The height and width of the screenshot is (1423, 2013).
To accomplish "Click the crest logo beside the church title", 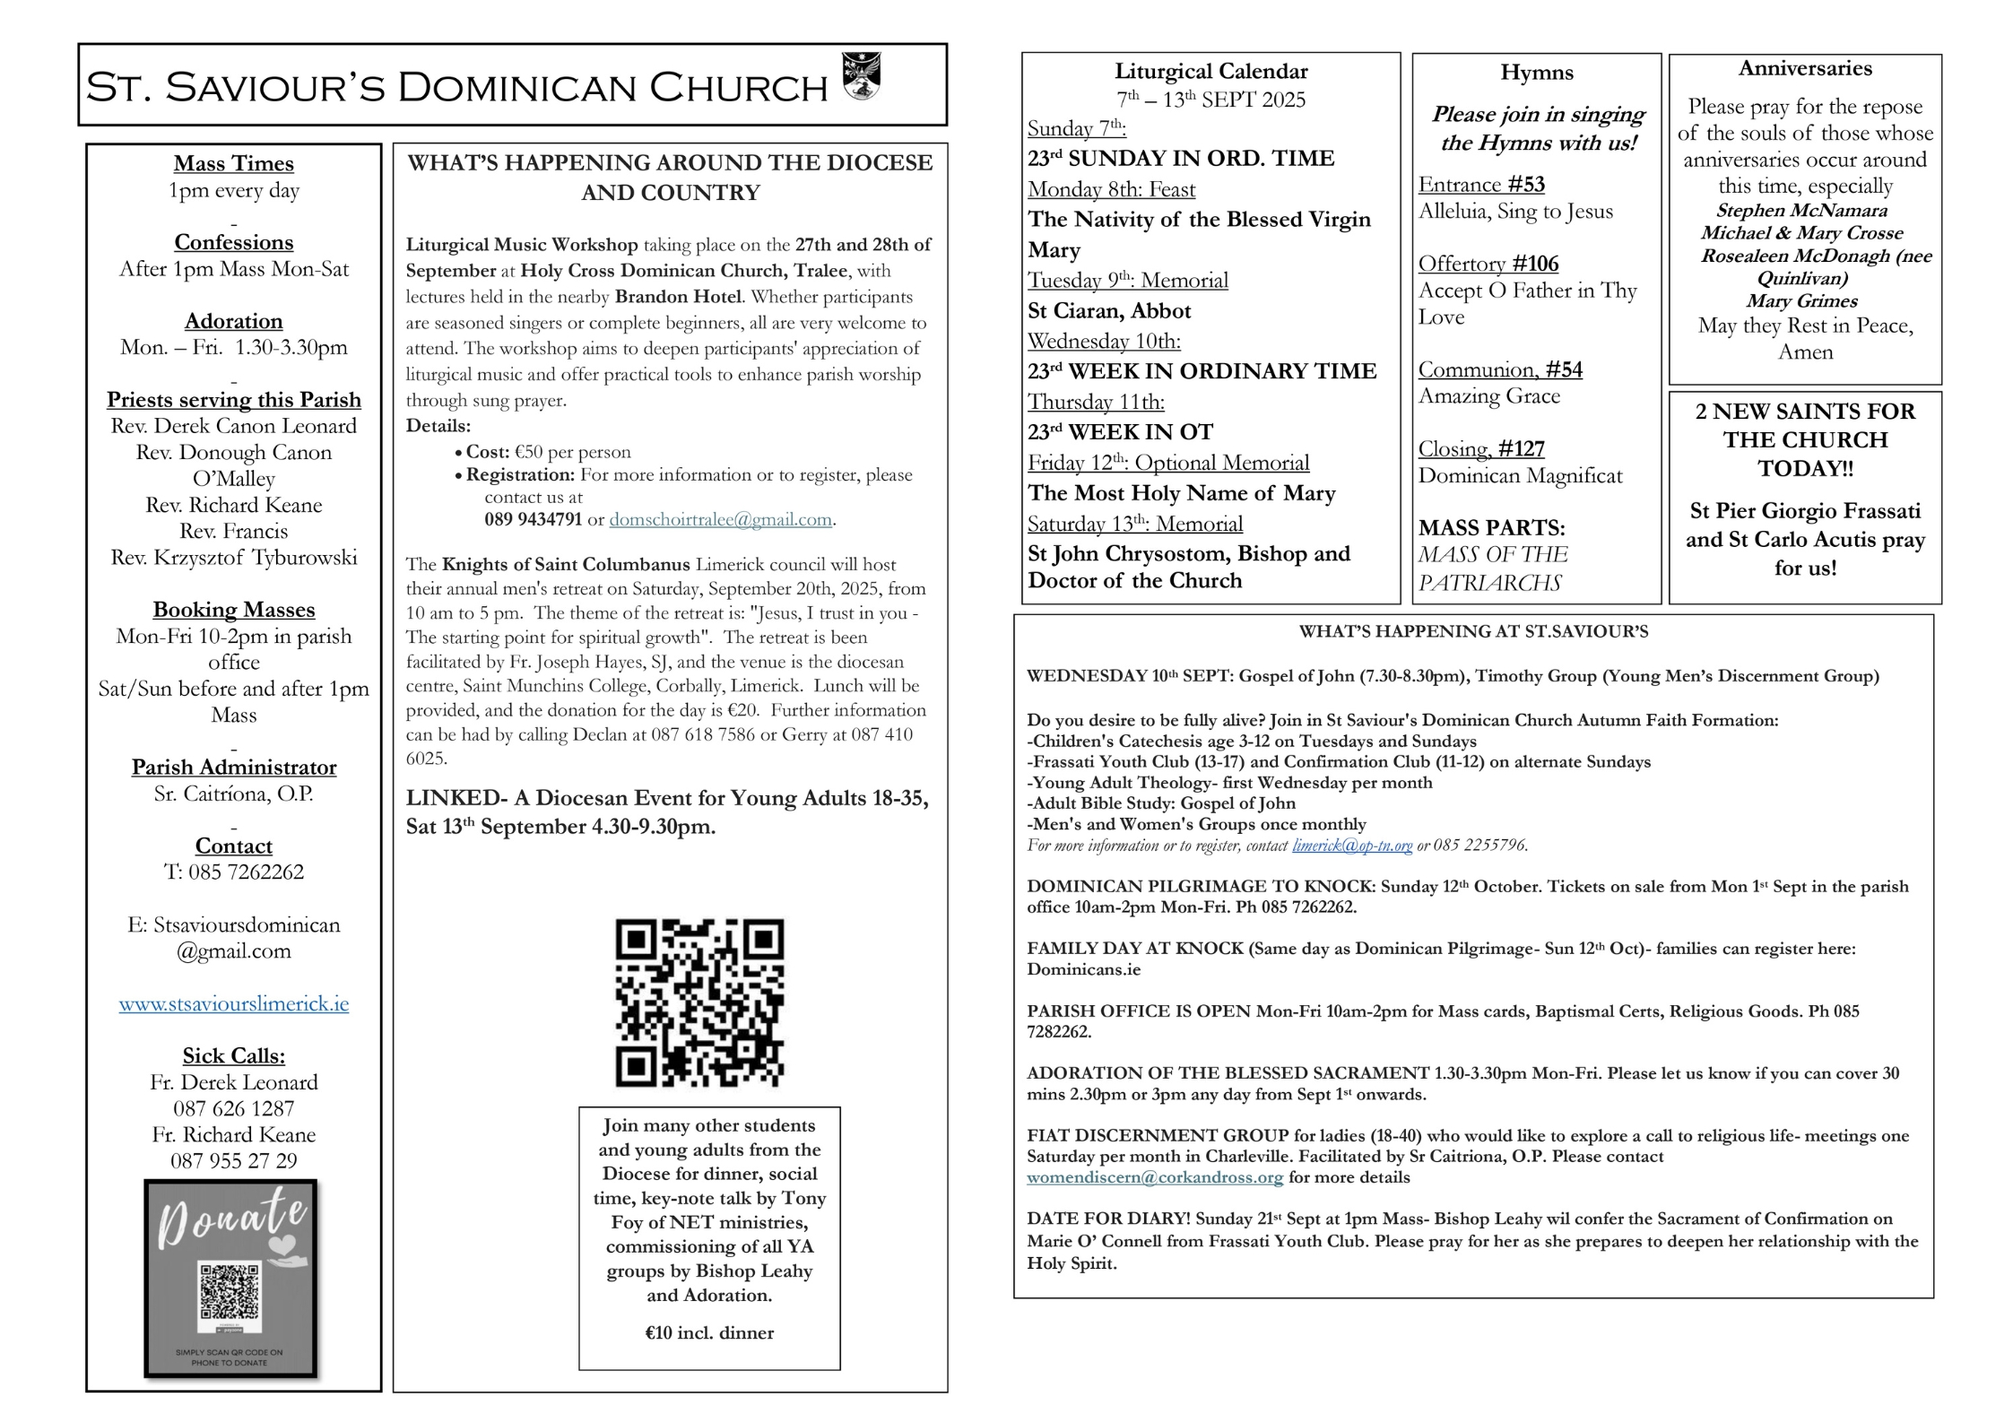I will [x=861, y=76].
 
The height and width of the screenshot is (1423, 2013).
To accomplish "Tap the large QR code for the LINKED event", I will [x=699, y=1002].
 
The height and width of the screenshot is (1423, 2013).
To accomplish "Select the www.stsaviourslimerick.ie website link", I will [x=234, y=1003].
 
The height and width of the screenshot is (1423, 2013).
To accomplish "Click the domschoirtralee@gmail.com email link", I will [x=721, y=519].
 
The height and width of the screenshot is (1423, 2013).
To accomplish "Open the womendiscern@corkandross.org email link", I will [x=1155, y=1177].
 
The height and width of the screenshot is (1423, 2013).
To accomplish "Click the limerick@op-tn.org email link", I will [x=1352, y=845].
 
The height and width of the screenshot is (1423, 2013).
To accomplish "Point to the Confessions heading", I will [x=234, y=242].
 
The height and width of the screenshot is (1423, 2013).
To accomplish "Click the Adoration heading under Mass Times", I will [x=234, y=321].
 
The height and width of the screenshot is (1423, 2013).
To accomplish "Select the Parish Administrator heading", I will [x=234, y=767].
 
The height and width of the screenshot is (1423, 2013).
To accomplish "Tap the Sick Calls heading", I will [x=234, y=1055].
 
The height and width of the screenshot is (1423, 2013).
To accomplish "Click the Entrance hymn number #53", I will [x=1526, y=185].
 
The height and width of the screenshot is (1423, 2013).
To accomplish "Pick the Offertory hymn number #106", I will [x=1535, y=264].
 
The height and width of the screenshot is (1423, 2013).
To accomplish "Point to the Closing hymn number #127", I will [x=1522, y=448].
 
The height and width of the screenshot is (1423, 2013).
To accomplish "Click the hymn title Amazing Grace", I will [x=1489, y=396].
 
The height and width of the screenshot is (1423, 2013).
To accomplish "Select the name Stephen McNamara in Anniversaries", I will [x=1801, y=211].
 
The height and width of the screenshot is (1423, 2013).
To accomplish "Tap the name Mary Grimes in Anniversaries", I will [x=1801, y=301].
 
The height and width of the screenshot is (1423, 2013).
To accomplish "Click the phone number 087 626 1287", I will [x=234, y=1108].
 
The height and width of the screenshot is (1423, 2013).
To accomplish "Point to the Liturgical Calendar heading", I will [x=1210, y=71].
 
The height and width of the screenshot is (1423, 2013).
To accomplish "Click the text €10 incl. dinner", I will [x=709, y=1332].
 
